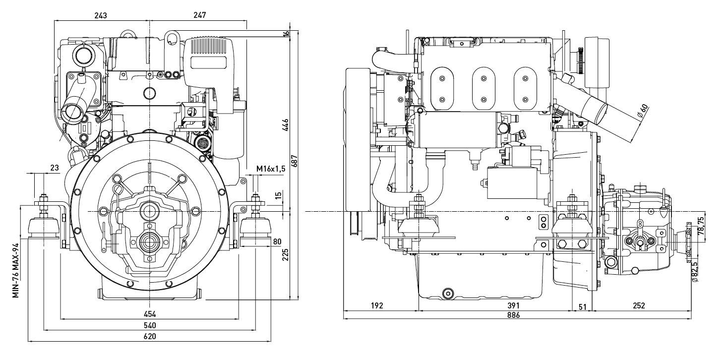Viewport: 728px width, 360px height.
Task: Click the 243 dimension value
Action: (101, 15)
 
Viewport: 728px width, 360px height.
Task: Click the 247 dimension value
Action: (199, 15)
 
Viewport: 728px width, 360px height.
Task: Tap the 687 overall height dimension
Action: (294, 161)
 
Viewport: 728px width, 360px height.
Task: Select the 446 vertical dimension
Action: (285, 125)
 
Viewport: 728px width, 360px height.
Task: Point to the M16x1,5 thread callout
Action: (271, 169)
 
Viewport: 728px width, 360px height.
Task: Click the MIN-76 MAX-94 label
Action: (16, 270)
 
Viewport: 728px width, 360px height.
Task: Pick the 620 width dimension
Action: (150, 336)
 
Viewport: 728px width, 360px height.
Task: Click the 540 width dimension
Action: (150, 325)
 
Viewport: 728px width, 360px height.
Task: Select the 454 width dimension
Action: (150, 314)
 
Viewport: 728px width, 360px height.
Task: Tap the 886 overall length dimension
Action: (513, 315)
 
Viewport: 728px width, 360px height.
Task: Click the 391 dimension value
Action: (513, 306)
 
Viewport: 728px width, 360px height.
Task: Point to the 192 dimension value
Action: (377, 306)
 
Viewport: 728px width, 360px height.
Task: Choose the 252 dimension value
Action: (639, 306)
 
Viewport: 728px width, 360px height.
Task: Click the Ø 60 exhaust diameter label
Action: (643, 111)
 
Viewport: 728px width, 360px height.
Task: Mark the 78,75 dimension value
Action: (701, 226)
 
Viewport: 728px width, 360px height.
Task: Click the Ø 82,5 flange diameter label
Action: (694, 272)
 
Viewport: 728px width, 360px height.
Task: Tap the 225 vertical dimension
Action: (285, 255)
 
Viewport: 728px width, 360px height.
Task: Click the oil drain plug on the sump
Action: (448, 294)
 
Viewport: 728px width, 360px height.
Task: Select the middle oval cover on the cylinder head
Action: (484, 88)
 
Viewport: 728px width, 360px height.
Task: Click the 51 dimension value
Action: (583, 307)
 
